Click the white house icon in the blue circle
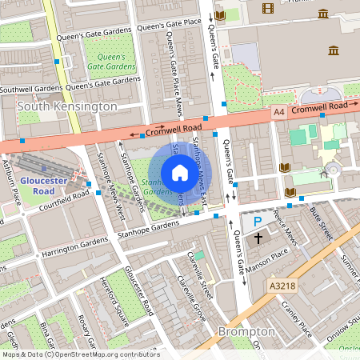pyautogui.click(x=180, y=172)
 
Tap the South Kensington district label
pyautogui.click(x=67, y=106)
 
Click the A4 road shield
pyautogui.click(x=278, y=114)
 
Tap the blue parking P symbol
pyautogui.click(x=257, y=222)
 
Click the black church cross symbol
pyautogui.click(x=258, y=238)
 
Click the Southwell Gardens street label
pyautogui.click(x=30, y=88)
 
